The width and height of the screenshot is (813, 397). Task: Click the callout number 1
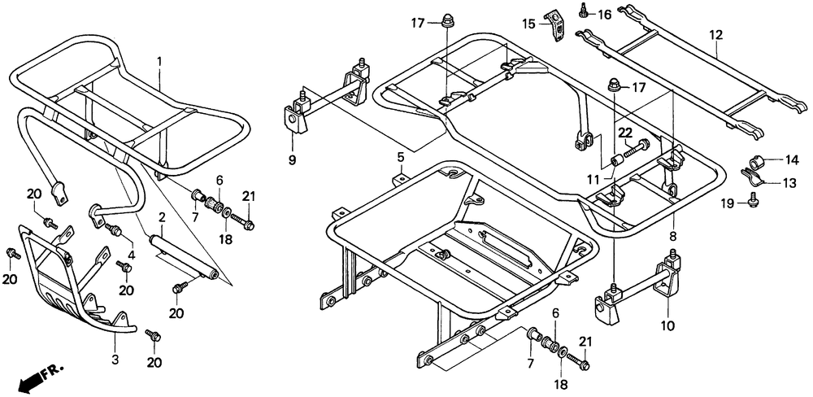point(159,61)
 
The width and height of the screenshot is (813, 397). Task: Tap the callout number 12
point(715,35)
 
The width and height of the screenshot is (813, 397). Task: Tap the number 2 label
point(162,217)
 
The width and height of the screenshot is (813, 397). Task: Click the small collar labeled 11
point(617,157)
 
